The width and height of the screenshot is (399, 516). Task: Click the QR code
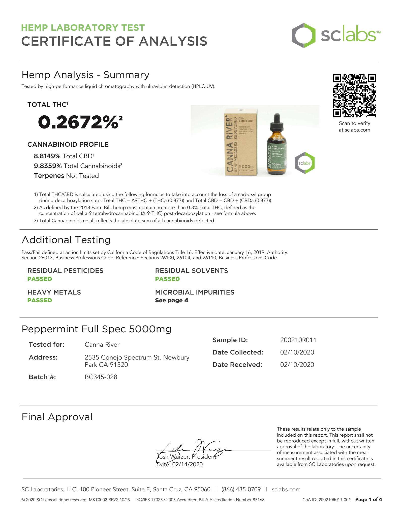click(354, 96)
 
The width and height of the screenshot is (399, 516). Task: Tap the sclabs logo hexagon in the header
click(304, 36)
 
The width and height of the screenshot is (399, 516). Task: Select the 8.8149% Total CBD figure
click(47, 156)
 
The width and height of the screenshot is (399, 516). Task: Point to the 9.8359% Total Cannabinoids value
click(48, 166)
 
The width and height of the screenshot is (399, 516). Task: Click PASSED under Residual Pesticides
click(40, 279)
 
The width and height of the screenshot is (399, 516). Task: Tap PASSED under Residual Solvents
click(167, 279)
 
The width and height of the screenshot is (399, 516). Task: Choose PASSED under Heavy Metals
click(40, 300)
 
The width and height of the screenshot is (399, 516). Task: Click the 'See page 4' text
click(171, 300)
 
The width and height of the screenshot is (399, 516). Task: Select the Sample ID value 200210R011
click(298, 340)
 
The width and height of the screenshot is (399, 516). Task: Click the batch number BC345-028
click(101, 377)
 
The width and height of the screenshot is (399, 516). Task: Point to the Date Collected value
click(297, 352)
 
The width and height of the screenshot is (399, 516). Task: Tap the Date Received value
click(297, 365)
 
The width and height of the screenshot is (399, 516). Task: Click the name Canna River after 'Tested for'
click(102, 345)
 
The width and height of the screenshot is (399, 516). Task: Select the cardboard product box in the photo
click(241, 142)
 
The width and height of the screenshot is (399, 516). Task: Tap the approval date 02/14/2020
click(187, 464)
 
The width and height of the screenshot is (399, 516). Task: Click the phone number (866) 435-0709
click(241, 489)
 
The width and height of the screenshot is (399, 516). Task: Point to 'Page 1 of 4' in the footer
click(369, 499)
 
